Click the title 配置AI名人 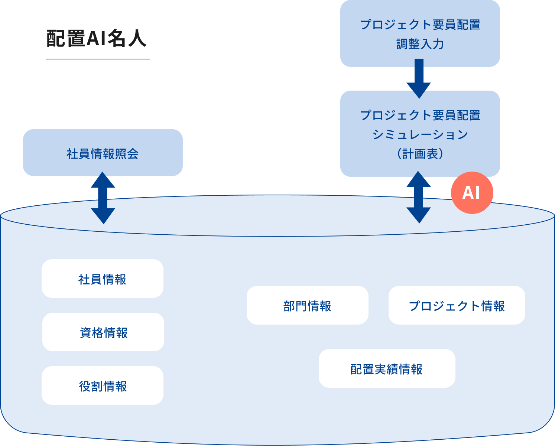[96, 39]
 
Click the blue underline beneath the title [98, 59]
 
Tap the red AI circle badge [472, 193]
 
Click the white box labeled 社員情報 [102, 279]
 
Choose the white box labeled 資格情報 [103, 332]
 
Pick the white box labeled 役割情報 [103, 386]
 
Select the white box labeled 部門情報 [307, 306]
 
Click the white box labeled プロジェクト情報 [457, 306]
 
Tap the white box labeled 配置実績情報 [387, 369]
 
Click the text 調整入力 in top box [420, 44]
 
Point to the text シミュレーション [420, 134]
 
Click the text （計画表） [420, 154]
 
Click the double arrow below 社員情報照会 [103, 198]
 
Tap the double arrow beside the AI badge [419, 197]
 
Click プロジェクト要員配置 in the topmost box [420, 25]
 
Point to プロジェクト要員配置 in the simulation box [420, 115]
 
